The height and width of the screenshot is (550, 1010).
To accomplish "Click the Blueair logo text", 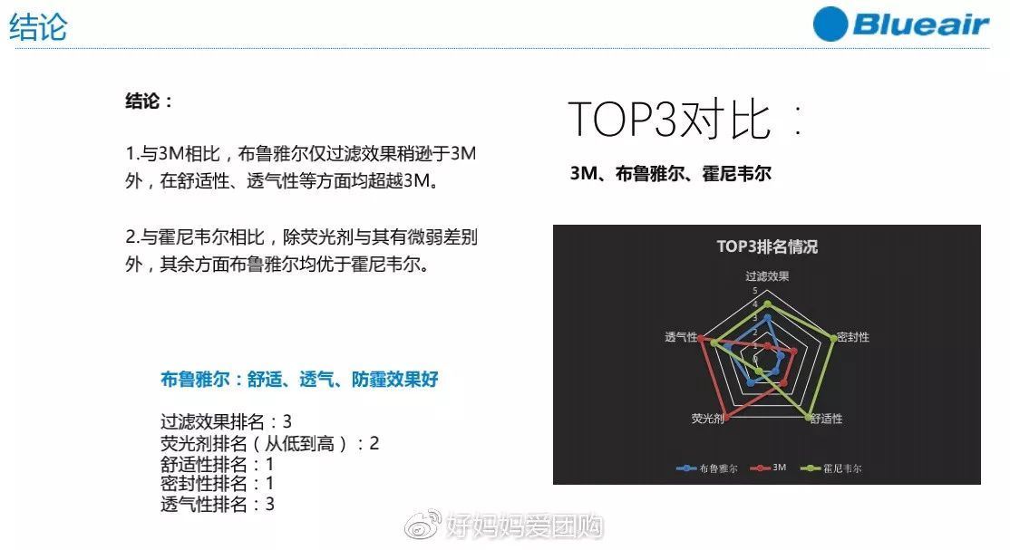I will coord(920,24).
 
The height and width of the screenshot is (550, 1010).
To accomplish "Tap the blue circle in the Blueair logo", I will coord(830,24).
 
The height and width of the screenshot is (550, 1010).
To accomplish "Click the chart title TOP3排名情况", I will coord(767,246).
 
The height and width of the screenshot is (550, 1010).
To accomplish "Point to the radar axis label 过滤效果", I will coord(767,275).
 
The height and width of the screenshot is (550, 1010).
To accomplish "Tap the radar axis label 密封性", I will coord(852,337).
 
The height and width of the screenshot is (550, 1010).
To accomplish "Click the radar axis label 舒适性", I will coord(826,419).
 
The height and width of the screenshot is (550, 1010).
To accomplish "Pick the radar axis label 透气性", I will coord(681,337).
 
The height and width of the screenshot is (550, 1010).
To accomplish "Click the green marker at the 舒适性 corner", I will coord(808,417).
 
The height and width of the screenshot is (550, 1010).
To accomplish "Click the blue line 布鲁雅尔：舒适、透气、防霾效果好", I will coord(299,380).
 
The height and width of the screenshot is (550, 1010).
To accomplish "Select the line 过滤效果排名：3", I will coord(226,421).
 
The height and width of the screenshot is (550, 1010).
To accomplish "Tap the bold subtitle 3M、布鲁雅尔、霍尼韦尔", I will coord(670,173).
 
